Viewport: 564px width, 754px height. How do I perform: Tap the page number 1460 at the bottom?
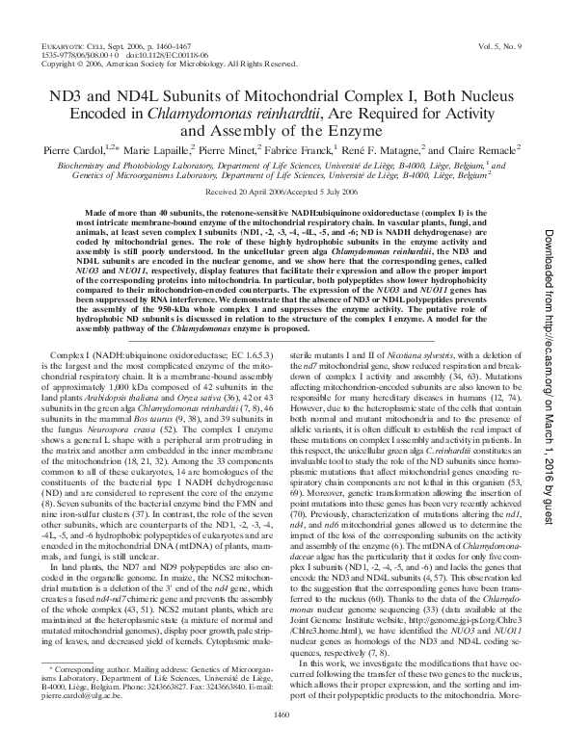[x=282, y=740]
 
